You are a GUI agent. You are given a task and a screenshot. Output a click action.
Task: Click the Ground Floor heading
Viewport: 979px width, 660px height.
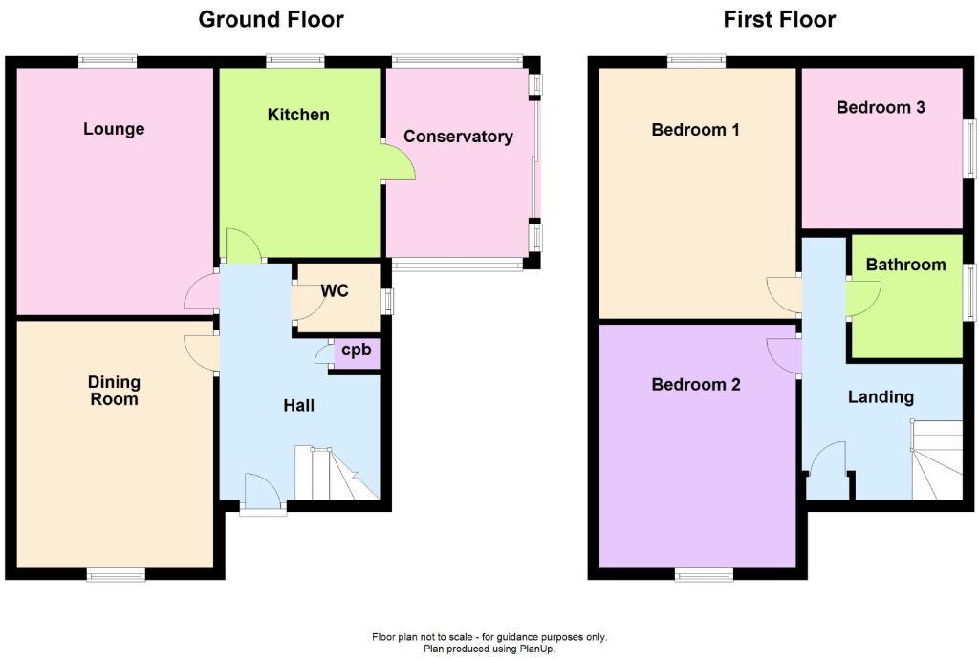[271, 19]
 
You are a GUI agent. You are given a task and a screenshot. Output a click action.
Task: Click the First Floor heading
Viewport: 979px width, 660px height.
[779, 19]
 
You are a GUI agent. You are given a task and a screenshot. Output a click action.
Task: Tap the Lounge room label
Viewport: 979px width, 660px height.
[114, 129]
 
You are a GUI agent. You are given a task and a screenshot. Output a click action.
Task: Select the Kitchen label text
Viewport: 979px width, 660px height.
[298, 115]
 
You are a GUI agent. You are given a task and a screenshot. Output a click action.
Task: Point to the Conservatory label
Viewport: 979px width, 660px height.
[458, 137]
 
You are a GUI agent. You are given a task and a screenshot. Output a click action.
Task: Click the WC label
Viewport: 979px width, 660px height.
[335, 290]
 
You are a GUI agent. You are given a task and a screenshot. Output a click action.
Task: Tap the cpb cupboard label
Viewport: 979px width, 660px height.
[356, 350]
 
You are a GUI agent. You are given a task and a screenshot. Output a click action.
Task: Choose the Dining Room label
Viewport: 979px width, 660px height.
[114, 390]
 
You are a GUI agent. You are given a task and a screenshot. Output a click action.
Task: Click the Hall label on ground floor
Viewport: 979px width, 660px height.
[298, 406]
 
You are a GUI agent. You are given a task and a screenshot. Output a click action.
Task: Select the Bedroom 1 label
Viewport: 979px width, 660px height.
[695, 130]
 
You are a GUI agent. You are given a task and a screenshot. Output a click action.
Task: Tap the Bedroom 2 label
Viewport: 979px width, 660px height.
[695, 385]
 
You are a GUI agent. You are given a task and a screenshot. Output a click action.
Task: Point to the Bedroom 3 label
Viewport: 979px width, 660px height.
[880, 107]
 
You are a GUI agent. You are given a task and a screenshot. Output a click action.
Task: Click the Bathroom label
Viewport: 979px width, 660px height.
[905, 265]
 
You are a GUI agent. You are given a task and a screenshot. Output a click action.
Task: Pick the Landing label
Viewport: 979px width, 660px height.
[881, 396]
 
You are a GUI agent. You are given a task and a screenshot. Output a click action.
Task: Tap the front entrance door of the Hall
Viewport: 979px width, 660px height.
[262, 494]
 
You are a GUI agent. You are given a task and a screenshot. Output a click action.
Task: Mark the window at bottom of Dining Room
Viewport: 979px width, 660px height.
[116, 574]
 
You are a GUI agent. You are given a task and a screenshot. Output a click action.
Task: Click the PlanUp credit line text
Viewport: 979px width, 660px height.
[489, 649]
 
